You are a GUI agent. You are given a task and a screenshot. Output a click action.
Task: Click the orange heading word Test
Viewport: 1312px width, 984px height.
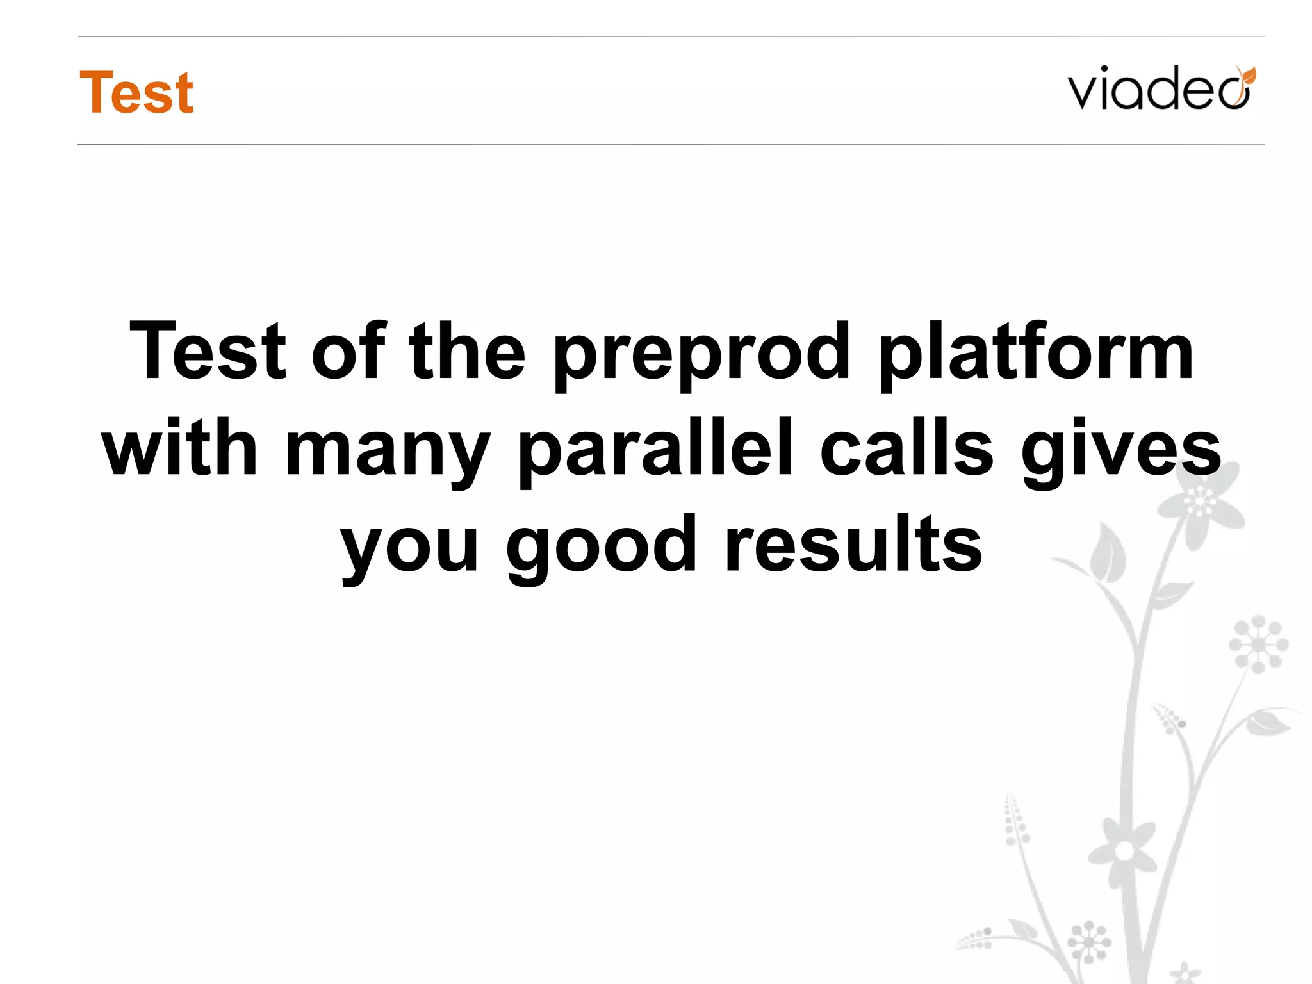tap(136, 93)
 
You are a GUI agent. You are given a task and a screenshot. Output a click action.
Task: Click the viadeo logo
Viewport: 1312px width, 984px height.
tap(1160, 88)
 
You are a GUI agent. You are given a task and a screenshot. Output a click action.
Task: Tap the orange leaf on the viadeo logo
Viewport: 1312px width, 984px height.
tap(1247, 76)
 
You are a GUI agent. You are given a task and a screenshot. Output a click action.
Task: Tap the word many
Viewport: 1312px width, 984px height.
tap(388, 452)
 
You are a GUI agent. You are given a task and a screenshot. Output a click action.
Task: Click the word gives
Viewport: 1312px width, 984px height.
tap(1121, 452)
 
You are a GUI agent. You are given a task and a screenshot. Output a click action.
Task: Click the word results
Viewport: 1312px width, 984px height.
tap(853, 545)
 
